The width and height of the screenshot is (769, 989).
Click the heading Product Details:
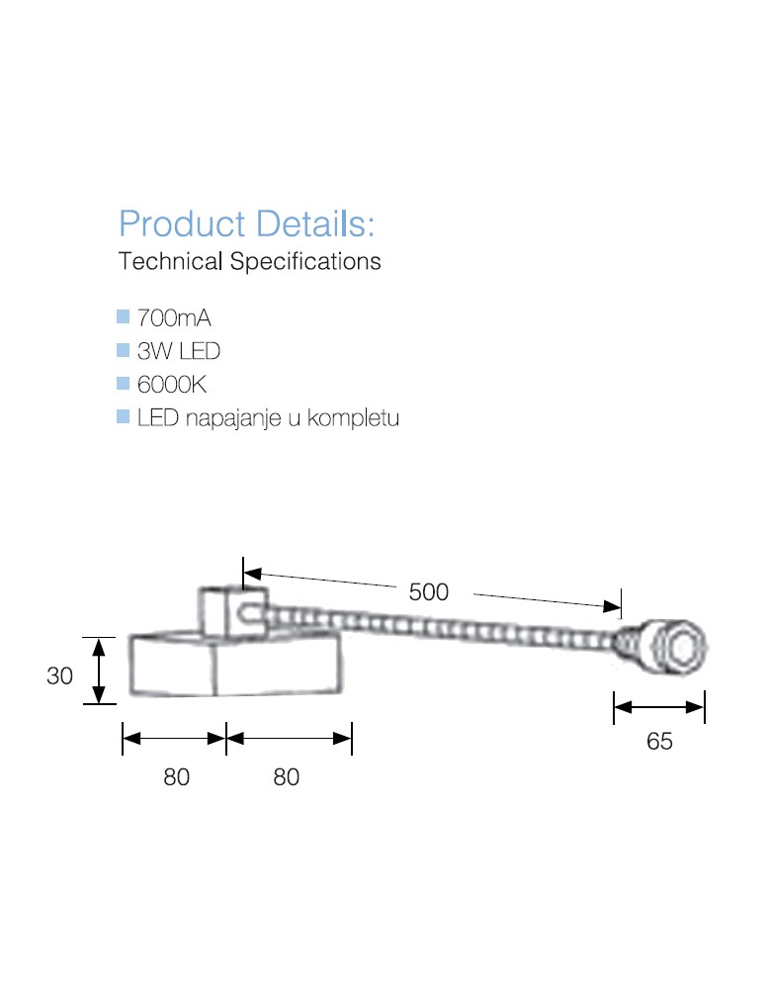tap(246, 224)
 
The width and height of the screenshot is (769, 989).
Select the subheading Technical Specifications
tap(249, 262)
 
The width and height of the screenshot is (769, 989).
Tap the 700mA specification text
tap(175, 318)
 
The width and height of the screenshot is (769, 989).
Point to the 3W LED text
tap(179, 351)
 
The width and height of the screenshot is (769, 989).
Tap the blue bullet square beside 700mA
tap(124, 317)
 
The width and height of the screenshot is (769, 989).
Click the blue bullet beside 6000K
tap(124, 383)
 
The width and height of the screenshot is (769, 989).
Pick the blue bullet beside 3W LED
tap(124, 350)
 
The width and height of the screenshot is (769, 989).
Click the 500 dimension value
tap(428, 592)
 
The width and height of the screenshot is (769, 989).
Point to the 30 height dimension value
tap(60, 676)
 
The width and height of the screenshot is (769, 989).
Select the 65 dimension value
tap(659, 741)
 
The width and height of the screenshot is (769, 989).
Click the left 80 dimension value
tap(176, 777)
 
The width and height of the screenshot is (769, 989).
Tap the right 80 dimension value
tap(286, 777)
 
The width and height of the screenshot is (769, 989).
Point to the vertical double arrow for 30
tap(99, 672)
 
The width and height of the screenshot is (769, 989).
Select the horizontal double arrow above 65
tap(658, 706)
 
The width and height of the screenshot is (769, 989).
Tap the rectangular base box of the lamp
tap(237, 665)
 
